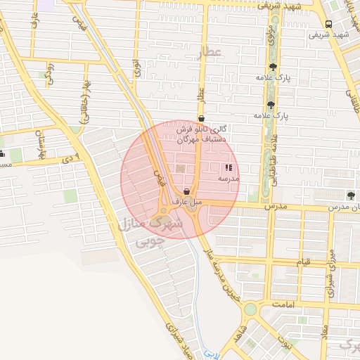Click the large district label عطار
[x=210, y=52]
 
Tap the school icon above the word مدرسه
[x=228, y=168]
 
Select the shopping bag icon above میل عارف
[x=186, y=191]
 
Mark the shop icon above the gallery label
[x=202, y=118]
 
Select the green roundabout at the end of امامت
[x=250, y=309]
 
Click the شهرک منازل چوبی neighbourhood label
[x=150, y=233]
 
